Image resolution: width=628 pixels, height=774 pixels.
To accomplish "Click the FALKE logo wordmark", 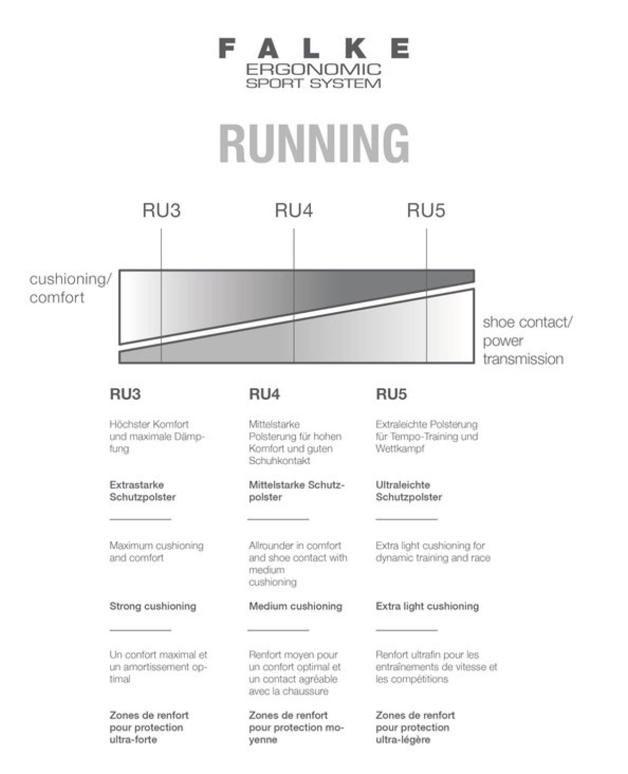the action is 314,48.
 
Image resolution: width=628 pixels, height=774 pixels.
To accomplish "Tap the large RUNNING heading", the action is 315,144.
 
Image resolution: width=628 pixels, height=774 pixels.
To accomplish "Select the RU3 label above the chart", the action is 161,211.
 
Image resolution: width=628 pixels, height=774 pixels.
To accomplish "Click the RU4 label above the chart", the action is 293,211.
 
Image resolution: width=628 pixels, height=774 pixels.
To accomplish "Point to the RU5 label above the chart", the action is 426,211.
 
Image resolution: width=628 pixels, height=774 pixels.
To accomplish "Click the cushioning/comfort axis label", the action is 71,288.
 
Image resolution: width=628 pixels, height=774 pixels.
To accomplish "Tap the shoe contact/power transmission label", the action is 527,341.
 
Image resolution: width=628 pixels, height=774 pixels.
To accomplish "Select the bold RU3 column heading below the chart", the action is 125,394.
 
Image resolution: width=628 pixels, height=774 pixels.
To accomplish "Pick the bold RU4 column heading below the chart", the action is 265,394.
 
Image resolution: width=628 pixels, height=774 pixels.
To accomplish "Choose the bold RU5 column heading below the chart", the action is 391,394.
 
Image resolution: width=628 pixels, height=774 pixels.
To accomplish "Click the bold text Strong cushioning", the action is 153,606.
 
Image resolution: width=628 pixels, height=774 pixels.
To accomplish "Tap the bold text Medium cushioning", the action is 295,606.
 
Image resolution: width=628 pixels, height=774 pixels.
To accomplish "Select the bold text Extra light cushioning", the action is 427,606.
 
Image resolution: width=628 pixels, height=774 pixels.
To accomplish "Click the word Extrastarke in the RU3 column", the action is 137,485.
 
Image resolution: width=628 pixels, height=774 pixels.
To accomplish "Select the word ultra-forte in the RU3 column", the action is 133,739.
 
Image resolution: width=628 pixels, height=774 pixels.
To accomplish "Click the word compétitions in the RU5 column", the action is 420,679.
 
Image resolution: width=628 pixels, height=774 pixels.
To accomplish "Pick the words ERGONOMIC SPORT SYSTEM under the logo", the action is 314,76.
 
